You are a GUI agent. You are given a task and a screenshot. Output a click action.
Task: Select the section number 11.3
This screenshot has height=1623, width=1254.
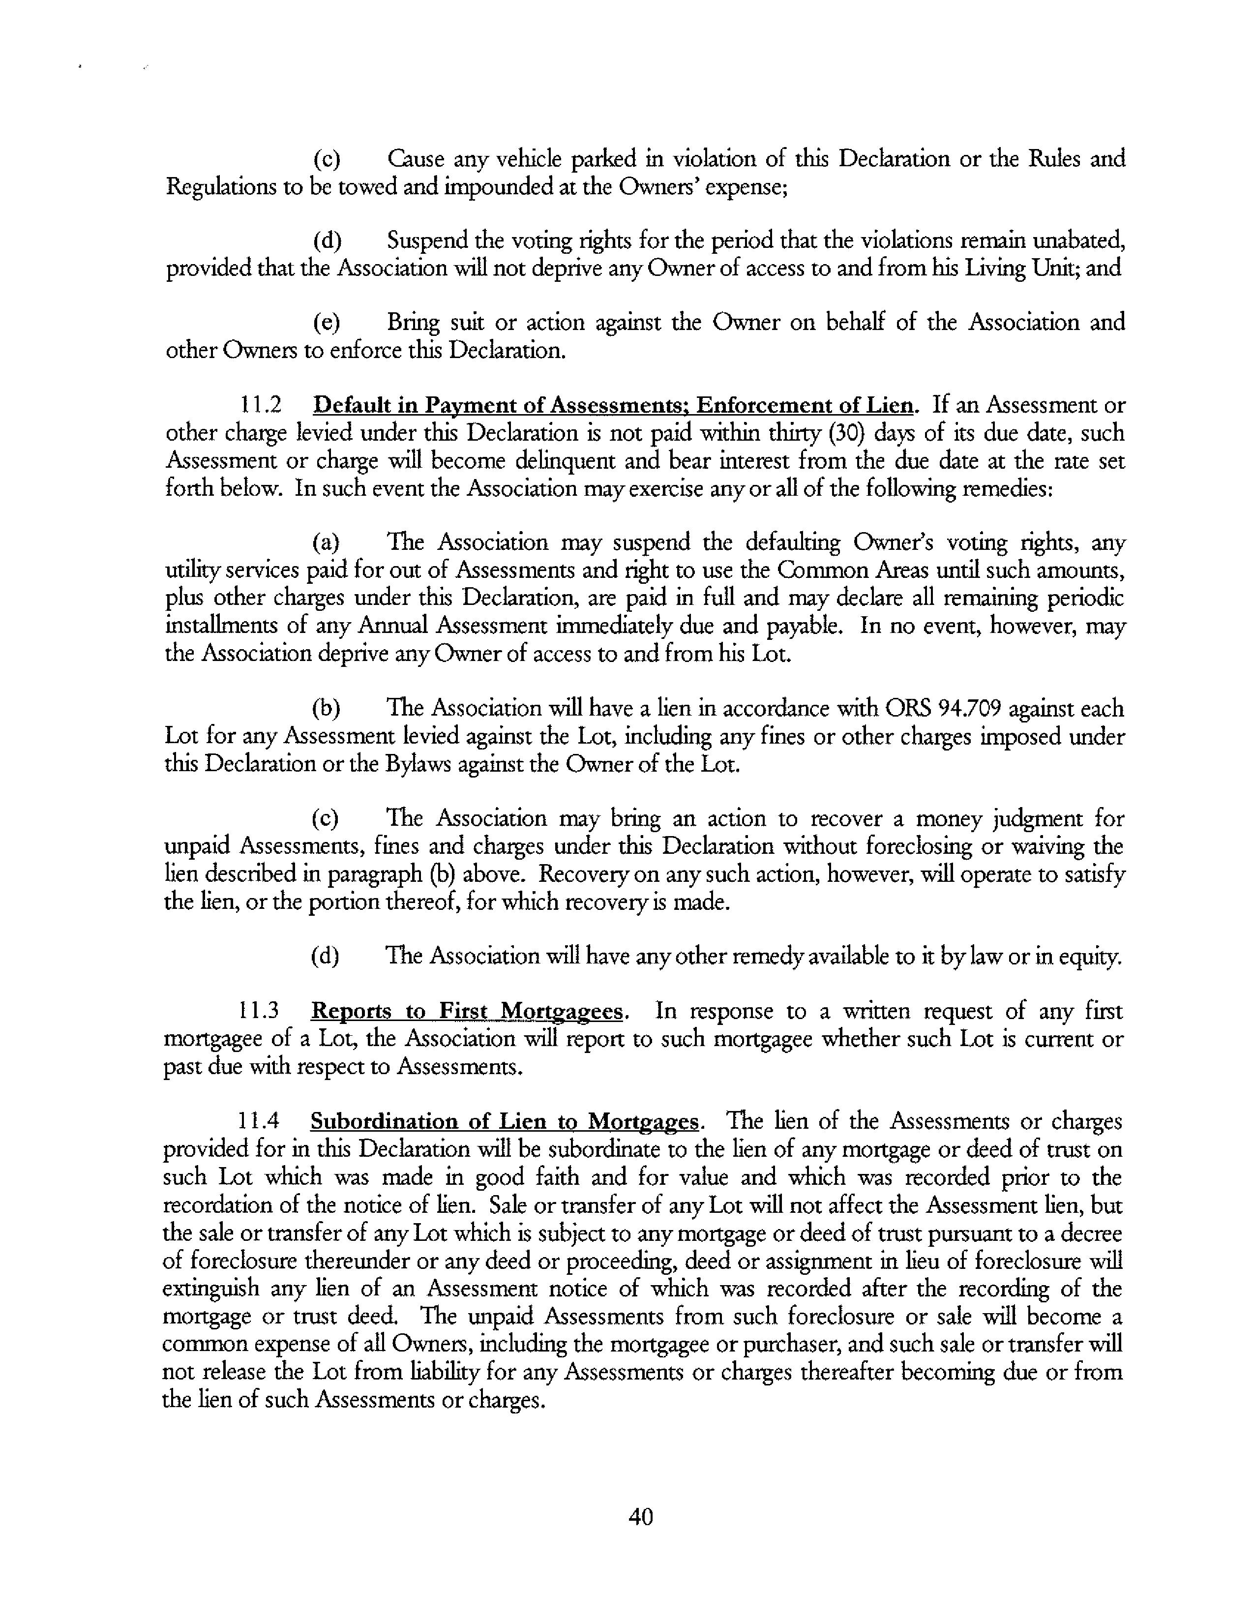(259, 1011)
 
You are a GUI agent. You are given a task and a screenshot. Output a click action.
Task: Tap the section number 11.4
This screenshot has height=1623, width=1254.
(259, 1121)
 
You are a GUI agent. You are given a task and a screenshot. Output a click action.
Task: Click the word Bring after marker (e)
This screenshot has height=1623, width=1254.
(413, 323)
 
